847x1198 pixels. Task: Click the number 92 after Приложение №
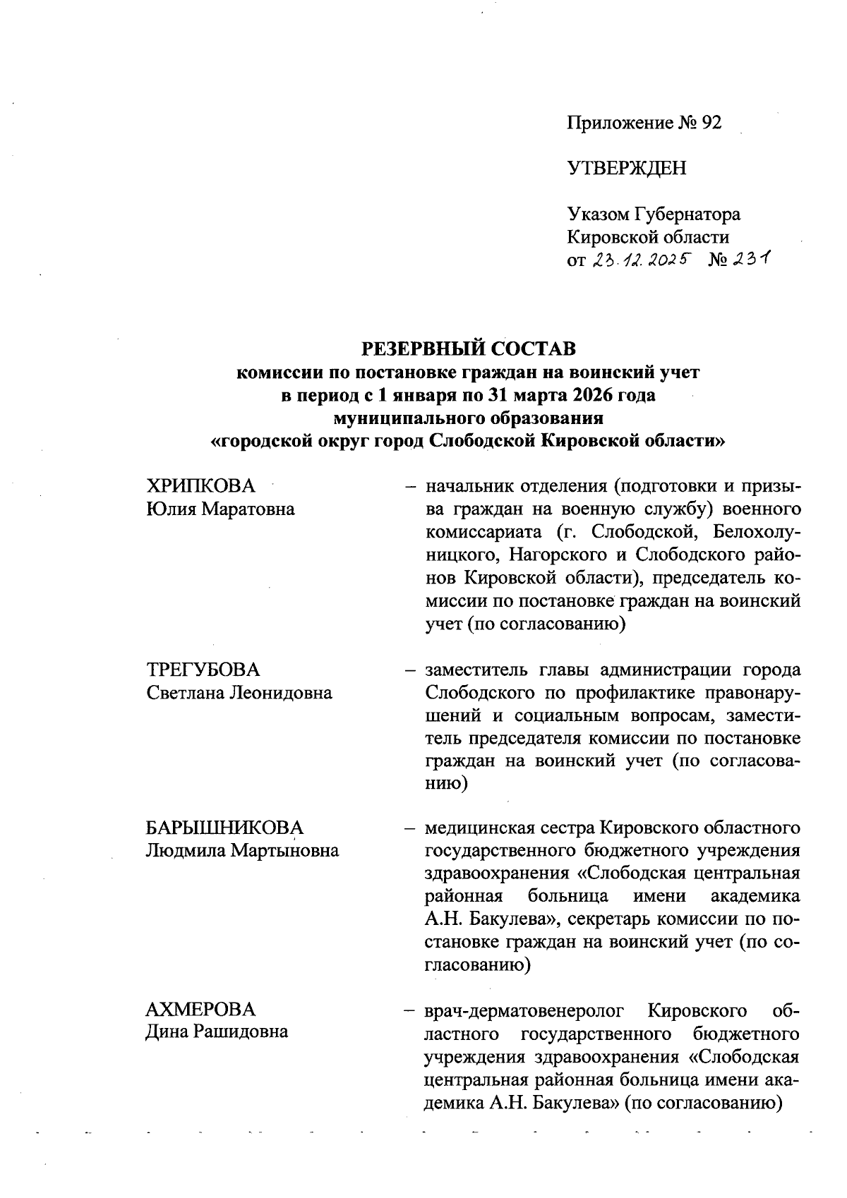(x=710, y=123)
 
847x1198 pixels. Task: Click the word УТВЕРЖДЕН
(x=626, y=168)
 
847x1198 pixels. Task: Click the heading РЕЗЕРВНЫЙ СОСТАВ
(x=468, y=349)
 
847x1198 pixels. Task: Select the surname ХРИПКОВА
(x=200, y=486)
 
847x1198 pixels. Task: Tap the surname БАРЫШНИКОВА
(x=224, y=828)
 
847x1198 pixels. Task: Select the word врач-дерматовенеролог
(x=524, y=1010)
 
